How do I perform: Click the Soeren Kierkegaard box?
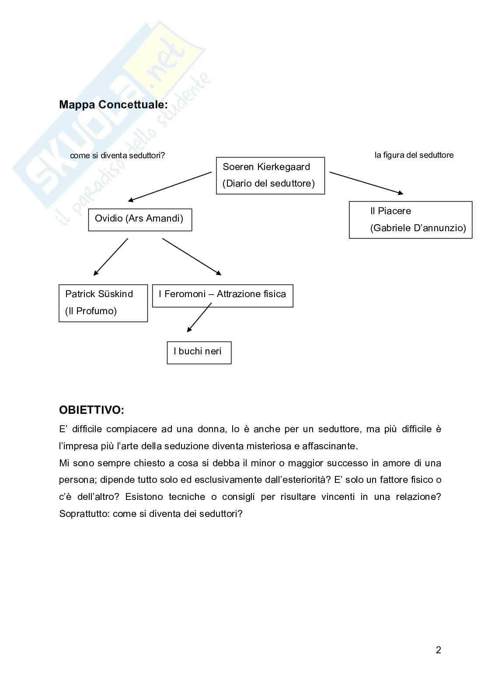270,175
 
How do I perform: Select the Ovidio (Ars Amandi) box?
140,218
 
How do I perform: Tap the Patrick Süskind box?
103,302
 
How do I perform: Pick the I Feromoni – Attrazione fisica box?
223,295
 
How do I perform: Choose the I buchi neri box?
199,352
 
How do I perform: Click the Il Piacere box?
410,219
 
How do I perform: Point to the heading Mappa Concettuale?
113,105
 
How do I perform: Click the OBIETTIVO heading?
91,410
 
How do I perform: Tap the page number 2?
438,650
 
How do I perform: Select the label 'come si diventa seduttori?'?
118,155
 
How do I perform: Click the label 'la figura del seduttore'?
414,155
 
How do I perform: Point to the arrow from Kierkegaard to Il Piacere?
366,183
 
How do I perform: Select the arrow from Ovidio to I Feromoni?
192,257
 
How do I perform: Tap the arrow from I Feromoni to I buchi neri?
199,318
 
